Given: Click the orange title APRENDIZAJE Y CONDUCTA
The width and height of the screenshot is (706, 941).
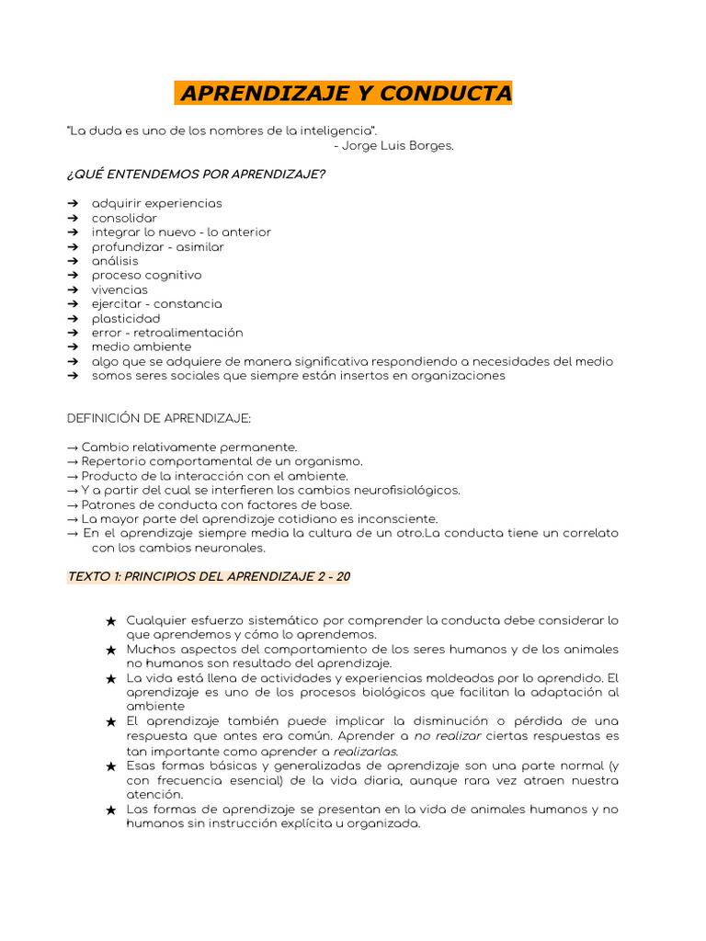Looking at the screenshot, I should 345,94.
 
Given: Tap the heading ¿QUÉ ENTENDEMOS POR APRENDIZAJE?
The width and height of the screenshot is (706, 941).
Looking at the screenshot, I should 196,174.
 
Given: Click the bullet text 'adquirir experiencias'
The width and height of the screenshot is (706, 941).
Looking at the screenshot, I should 156,203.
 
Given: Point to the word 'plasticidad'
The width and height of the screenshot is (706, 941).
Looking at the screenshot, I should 125,318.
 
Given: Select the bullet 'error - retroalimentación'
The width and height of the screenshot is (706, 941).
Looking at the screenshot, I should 167,333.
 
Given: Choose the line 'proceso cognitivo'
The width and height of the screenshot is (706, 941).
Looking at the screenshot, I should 146,275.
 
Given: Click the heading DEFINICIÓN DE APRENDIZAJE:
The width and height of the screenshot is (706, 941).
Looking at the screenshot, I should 159,418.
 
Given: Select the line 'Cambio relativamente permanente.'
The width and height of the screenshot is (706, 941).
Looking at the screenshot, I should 188,447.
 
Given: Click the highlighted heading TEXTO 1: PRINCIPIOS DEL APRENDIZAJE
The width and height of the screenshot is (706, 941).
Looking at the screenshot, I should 208,577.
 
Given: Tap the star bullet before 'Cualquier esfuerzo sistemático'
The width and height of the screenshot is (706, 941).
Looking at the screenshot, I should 111,621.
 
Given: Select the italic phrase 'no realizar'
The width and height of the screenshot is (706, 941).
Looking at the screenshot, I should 448,736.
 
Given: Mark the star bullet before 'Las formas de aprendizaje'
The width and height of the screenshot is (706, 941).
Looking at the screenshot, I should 111,810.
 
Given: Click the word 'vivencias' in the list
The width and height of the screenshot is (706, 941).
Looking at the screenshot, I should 120,289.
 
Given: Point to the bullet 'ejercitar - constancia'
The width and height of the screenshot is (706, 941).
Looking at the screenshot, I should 156,304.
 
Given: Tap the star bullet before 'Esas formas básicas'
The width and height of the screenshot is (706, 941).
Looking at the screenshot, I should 111,766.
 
